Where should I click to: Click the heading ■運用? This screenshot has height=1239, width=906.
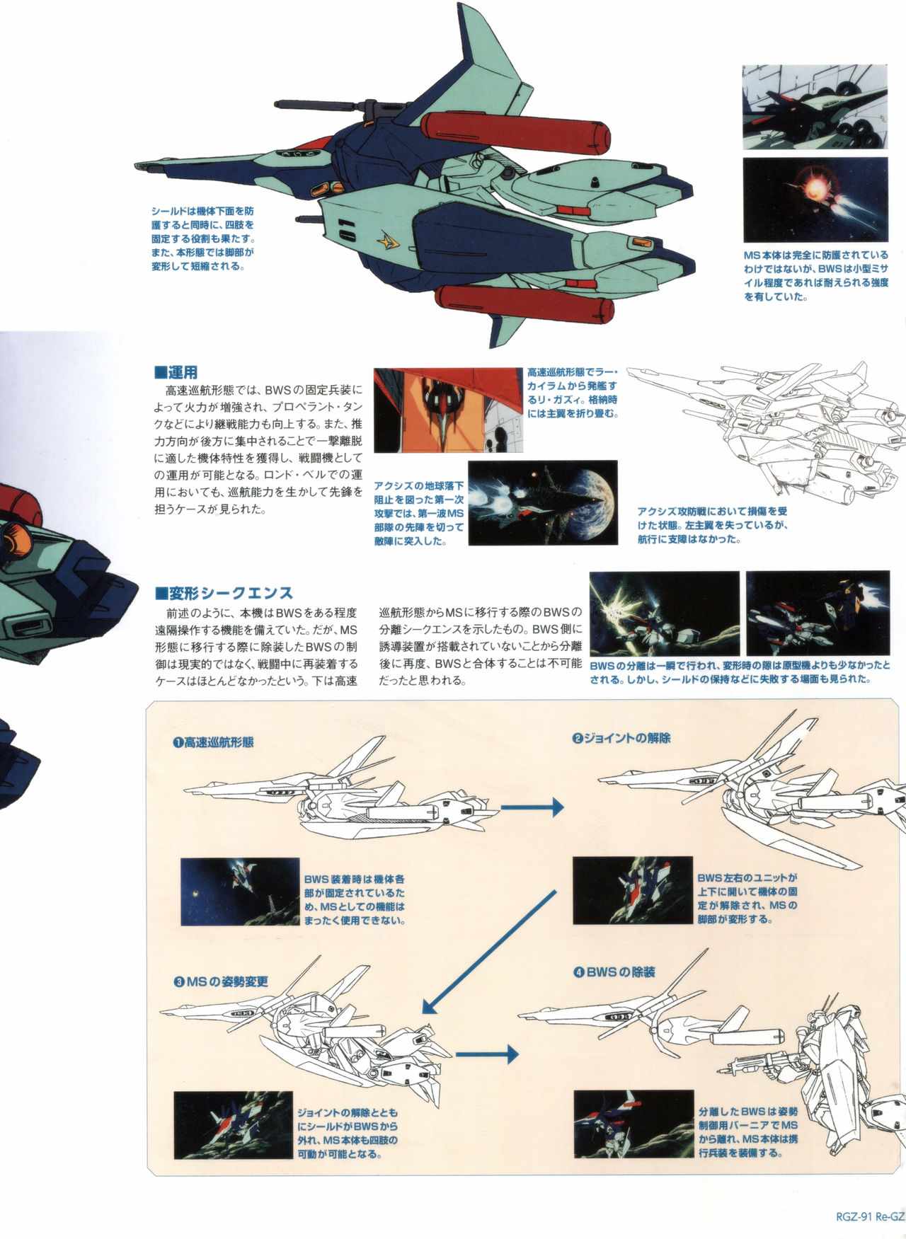[x=176, y=371]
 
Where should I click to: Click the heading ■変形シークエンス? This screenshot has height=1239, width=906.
[x=224, y=592]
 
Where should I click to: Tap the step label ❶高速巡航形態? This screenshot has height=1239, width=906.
[x=212, y=742]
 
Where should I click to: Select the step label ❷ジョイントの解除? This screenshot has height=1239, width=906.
[x=621, y=738]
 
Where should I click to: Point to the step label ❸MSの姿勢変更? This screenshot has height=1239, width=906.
[x=220, y=982]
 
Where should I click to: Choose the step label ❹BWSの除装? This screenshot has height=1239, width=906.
[x=614, y=972]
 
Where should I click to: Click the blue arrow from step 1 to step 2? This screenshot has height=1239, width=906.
[x=532, y=807]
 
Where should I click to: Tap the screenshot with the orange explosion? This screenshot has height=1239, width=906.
[x=815, y=200]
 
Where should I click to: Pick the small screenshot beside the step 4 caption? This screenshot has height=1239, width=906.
[x=633, y=1124]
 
